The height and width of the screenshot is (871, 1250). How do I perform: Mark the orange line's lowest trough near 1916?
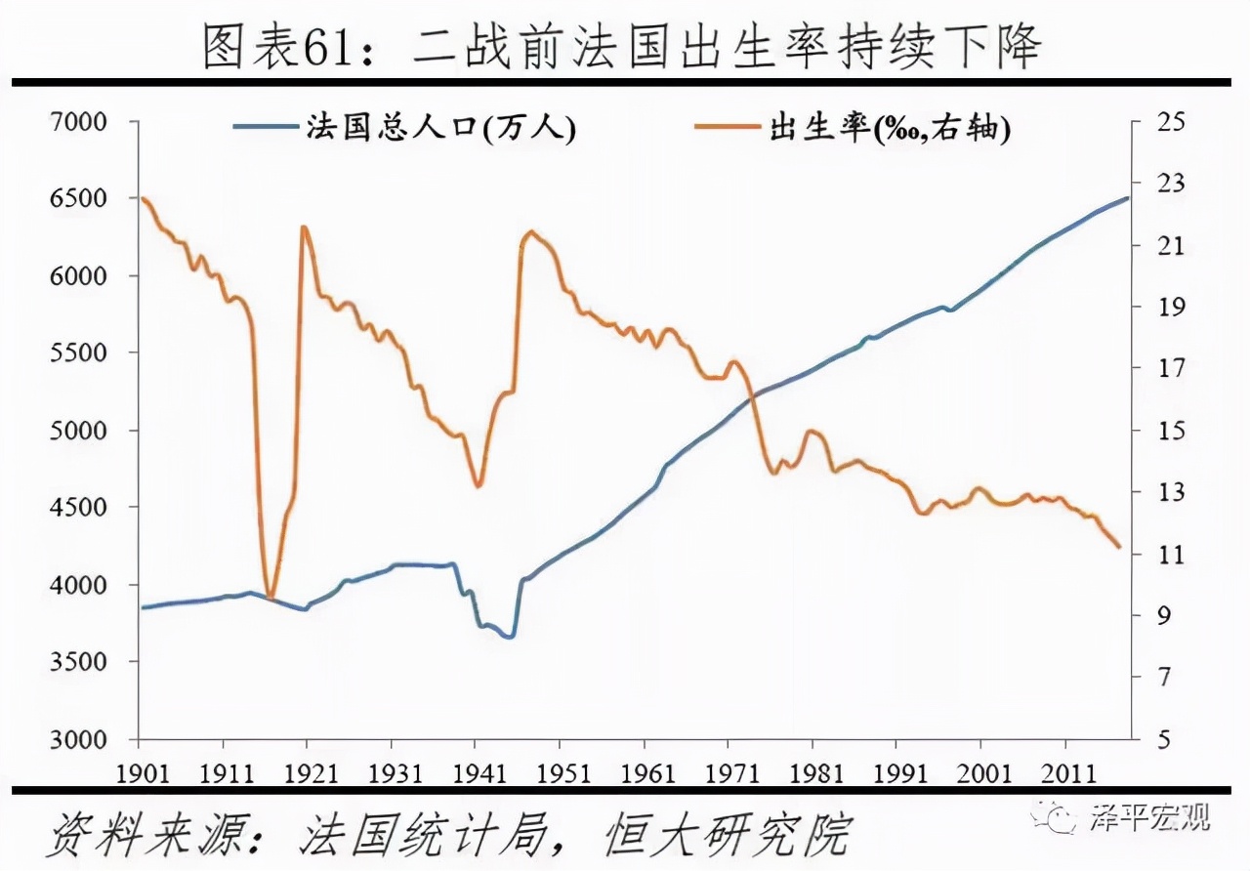click(270, 598)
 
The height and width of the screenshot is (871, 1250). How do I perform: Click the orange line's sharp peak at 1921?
click(304, 228)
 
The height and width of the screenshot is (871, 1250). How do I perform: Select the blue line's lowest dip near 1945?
click(510, 637)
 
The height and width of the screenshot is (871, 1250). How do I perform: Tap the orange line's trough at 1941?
click(478, 485)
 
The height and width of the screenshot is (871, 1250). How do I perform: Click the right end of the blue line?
click(1128, 198)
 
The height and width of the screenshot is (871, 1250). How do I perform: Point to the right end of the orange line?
click(1119, 547)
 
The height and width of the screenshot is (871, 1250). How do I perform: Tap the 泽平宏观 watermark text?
click(1149, 817)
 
